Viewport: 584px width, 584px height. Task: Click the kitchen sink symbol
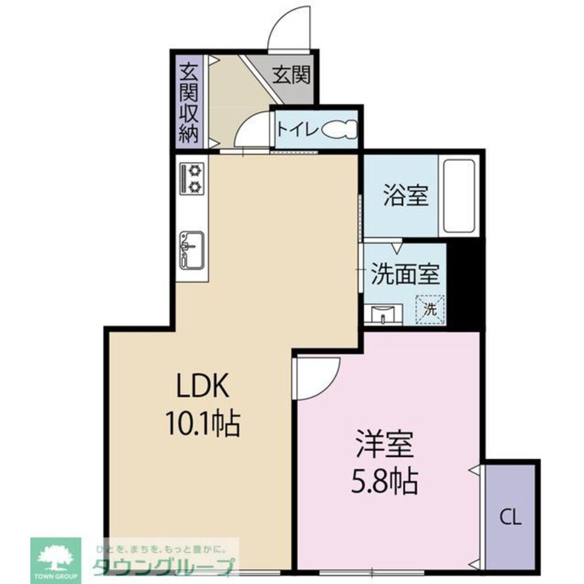pyautogui.click(x=191, y=249)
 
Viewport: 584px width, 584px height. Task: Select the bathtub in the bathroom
pyautogui.click(x=460, y=196)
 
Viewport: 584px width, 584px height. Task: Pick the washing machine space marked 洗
pyautogui.click(x=430, y=309)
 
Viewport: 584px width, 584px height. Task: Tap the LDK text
pyautogui.click(x=199, y=385)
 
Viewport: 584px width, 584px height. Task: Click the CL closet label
pyautogui.click(x=510, y=517)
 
